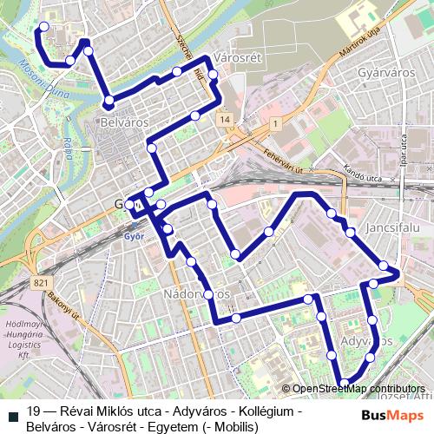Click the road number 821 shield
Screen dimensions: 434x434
pos(42,283)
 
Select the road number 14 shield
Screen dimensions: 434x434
pos(225,118)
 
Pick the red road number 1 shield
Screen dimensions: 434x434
pos(275,125)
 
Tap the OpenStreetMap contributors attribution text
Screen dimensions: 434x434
pos(359,388)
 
